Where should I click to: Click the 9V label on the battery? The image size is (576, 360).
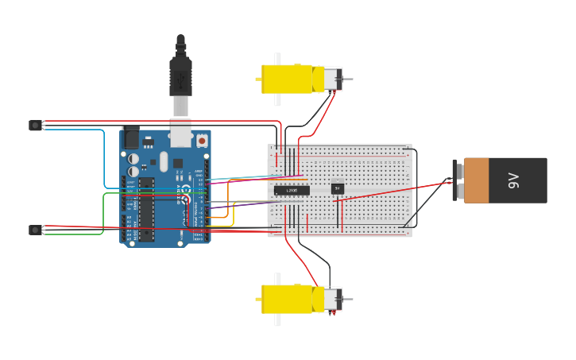pyautogui.click(x=513, y=180)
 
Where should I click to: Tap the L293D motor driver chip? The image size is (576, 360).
pyautogui.click(x=292, y=190)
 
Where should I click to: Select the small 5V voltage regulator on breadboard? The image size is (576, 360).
pyautogui.click(x=337, y=188)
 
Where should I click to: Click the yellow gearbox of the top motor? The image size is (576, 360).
pyautogui.click(x=287, y=79)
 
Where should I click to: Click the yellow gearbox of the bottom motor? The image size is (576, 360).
pyautogui.click(x=287, y=300)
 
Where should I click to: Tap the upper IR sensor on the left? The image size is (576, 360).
pyautogui.click(x=35, y=125)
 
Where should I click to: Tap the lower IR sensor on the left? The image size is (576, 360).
pyautogui.click(x=35, y=230)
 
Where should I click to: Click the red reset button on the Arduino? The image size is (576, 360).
pyautogui.click(x=202, y=141)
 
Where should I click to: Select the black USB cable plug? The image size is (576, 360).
pyautogui.click(x=181, y=76)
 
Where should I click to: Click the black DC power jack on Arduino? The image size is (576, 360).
pyautogui.click(x=130, y=137)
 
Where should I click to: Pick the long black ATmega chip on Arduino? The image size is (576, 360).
pyautogui.click(x=146, y=208)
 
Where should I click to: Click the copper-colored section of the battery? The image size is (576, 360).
pyautogui.click(x=477, y=180)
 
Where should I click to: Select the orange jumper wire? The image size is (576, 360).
pyautogui.click(x=228, y=199)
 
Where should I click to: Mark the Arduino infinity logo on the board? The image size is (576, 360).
pyautogui.click(x=185, y=191)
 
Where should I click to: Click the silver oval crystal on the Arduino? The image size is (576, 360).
pyautogui.click(x=164, y=161)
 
